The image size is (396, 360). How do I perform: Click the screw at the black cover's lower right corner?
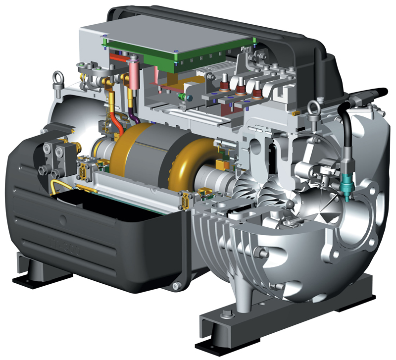[174, 285]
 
